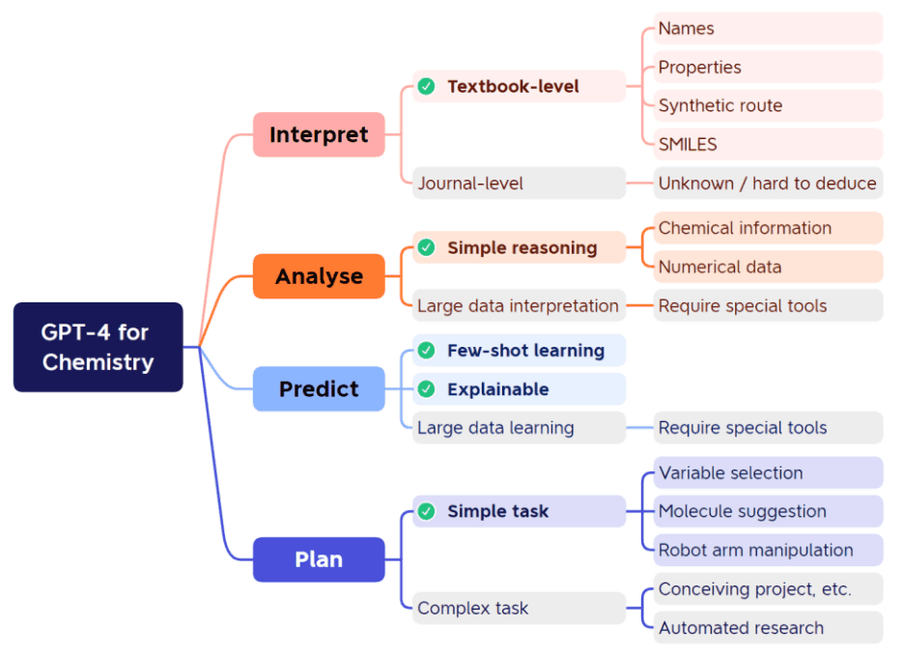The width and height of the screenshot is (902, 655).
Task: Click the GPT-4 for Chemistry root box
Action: point(98,347)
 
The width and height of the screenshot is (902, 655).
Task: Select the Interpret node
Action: point(319,134)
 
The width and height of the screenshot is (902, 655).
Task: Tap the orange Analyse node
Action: point(319,276)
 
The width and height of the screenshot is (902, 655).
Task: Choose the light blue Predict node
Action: point(319,389)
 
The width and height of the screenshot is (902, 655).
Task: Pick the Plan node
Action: point(319,559)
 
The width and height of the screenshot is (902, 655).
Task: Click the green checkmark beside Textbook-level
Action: point(426,86)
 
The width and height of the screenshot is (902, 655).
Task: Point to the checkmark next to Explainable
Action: point(426,389)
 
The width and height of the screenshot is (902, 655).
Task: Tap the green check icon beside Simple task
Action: point(426,511)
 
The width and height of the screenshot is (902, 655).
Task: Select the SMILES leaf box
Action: point(768,144)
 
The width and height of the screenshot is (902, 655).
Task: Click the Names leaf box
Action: point(768,28)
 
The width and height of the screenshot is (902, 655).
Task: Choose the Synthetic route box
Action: point(768,105)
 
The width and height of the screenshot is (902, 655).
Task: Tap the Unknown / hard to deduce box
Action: point(768,183)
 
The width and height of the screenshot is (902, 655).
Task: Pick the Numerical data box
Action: point(768,267)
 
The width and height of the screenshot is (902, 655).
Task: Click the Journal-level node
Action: point(519,183)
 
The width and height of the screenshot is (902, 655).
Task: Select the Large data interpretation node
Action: point(519,305)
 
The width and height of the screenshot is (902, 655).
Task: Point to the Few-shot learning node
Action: point(519,350)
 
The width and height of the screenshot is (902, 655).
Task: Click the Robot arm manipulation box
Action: point(768,550)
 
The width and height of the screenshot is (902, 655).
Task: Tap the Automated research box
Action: point(768,627)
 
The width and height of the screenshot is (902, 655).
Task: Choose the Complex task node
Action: point(519,608)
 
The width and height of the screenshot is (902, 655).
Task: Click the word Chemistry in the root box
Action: point(98,362)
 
